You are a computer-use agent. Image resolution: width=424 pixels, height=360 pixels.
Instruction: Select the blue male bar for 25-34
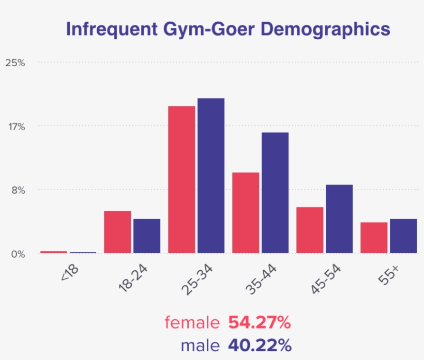211,176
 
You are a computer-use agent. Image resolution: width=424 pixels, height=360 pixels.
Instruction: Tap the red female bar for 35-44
246,213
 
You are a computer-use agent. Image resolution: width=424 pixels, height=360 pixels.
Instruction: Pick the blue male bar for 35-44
275,193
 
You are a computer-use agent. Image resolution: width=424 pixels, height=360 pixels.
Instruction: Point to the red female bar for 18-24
117,232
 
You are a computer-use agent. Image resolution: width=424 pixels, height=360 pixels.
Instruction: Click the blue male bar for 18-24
147,236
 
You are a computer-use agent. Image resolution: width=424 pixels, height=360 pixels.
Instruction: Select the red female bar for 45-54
310,230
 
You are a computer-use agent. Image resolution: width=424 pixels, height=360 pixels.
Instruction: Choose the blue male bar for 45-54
339,219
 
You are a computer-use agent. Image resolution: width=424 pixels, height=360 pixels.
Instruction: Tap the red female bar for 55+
374,238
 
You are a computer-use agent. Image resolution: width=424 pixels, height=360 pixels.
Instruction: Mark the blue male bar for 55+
403,236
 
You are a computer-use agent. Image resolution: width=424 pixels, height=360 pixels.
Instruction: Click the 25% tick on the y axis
15,63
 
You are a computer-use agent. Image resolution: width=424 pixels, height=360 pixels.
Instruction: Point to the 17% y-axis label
15,127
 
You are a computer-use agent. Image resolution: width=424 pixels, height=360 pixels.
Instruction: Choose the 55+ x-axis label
388,274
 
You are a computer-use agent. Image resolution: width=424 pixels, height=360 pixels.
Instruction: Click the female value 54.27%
259,323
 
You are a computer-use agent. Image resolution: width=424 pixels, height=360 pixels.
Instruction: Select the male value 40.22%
259,345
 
